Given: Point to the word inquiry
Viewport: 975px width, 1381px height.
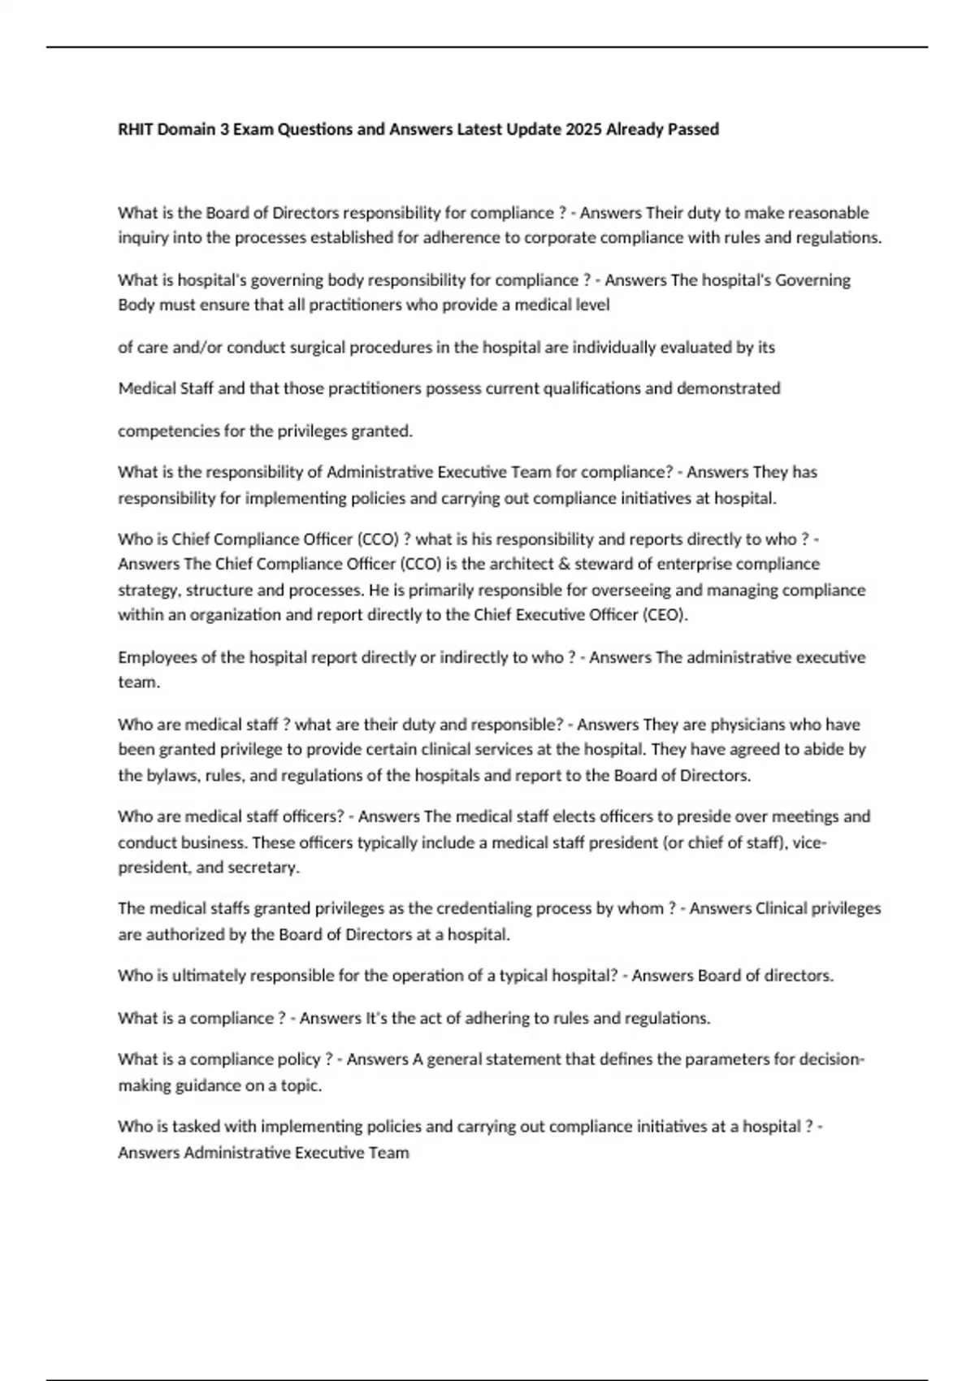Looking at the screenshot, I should click(x=141, y=238).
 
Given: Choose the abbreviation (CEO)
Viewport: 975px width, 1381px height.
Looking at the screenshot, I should click(x=665, y=615).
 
